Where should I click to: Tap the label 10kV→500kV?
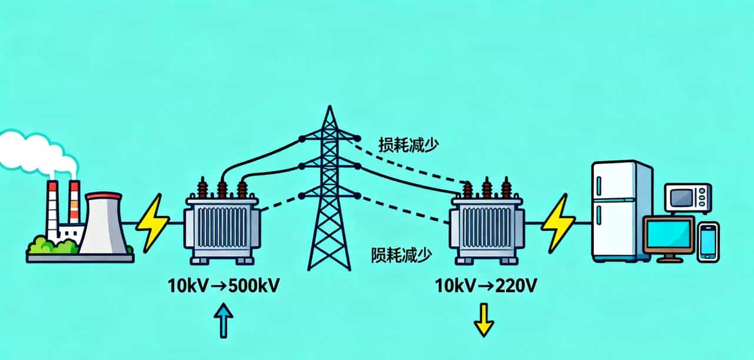[x=224, y=287]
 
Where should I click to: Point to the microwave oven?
[x=687, y=198]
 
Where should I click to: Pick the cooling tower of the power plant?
[x=104, y=224]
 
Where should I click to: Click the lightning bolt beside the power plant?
[x=153, y=223]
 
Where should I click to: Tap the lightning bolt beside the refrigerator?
[x=557, y=223]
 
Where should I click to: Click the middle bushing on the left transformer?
[x=222, y=189]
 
